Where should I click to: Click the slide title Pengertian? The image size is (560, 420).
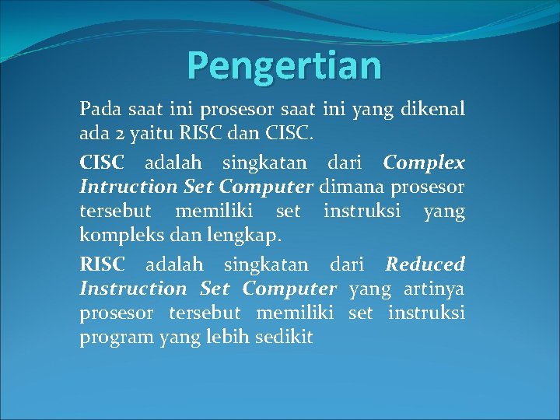(x=284, y=65)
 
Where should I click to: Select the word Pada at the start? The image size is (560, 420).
(x=97, y=111)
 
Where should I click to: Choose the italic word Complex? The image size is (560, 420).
(x=424, y=163)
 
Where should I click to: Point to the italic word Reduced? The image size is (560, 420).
(x=425, y=264)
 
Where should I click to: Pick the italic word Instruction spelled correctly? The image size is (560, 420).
(x=133, y=289)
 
